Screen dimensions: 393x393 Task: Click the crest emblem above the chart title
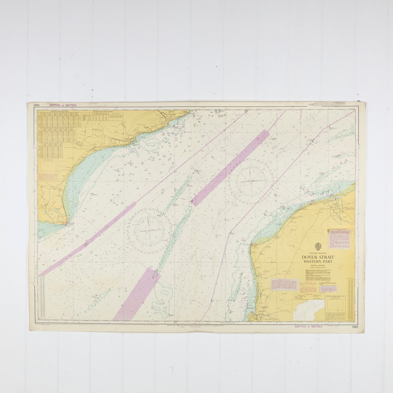[x=318, y=246]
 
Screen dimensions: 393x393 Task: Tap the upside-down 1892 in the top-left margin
[x=36, y=105]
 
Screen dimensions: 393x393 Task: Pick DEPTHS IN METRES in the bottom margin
[x=308, y=327]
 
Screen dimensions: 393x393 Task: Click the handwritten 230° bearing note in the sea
[x=170, y=167]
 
